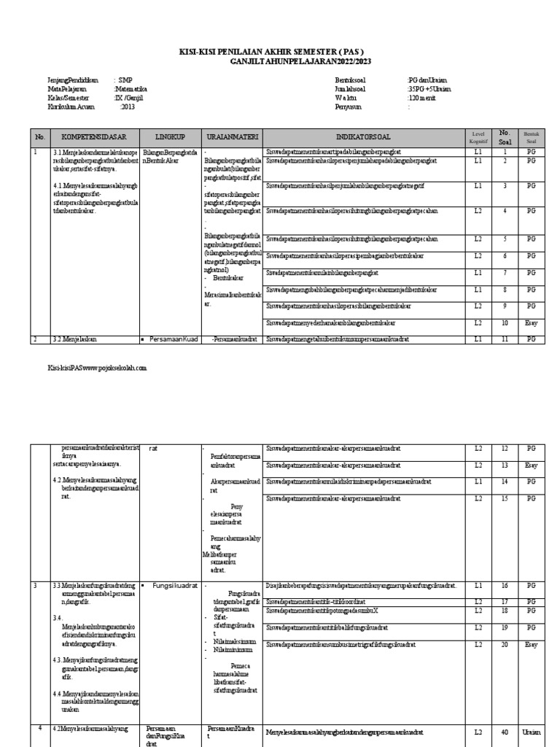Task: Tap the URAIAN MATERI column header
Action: (x=231, y=136)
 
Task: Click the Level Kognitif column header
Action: (x=478, y=136)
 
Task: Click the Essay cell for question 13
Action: (x=530, y=465)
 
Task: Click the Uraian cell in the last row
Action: (x=530, y=732)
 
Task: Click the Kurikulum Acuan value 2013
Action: (x=128, y=107)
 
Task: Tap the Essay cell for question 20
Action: (x=530, y=644)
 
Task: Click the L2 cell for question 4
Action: (x=478, y=211)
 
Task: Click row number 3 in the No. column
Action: (x=34, y=585)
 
